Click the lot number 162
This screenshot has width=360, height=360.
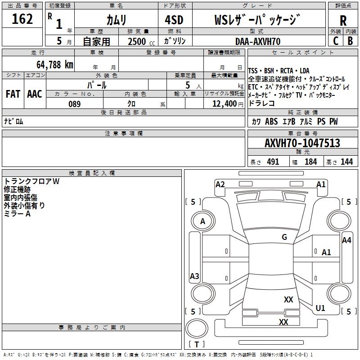pos(22,20)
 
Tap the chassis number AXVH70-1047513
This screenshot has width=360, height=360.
pos(302,144)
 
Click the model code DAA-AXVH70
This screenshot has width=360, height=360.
pos(258,41)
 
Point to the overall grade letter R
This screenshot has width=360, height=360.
pos(343,21)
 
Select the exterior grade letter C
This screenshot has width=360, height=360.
pos(336,41)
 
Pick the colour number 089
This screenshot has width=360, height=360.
pos(74,104)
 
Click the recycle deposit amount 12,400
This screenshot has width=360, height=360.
pos(224,104)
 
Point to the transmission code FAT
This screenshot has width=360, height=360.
pos(13,94)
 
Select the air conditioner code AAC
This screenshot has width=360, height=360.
pos(34,94)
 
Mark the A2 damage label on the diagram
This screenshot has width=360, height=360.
pos(220,184)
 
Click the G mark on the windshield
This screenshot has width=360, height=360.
pos(284,237)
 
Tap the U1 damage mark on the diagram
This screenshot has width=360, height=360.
pos(320,308)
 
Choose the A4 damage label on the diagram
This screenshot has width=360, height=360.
pos(346,240)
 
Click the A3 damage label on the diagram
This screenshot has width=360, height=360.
pos(194,276)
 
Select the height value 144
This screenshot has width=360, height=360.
pos(346,162)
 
